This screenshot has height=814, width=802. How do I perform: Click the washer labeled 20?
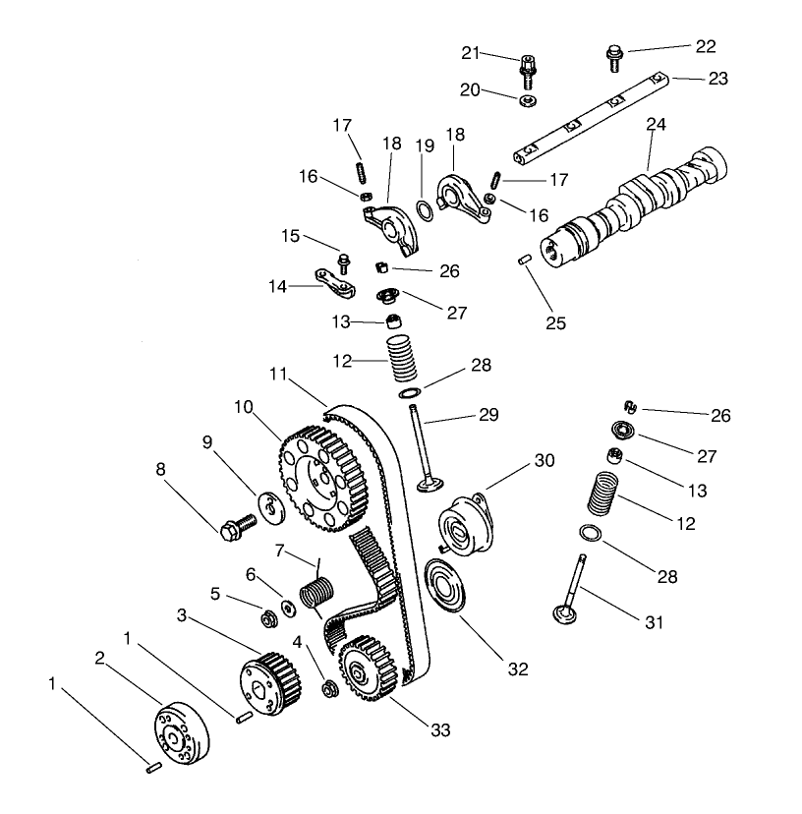click(528, 99)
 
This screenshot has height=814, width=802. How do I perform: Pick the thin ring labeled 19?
click(424, 209)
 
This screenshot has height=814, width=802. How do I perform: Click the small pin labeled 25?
click(525, 259)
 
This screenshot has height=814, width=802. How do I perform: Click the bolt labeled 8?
click(237, 526)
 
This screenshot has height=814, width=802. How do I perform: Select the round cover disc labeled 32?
click(448, 586)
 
